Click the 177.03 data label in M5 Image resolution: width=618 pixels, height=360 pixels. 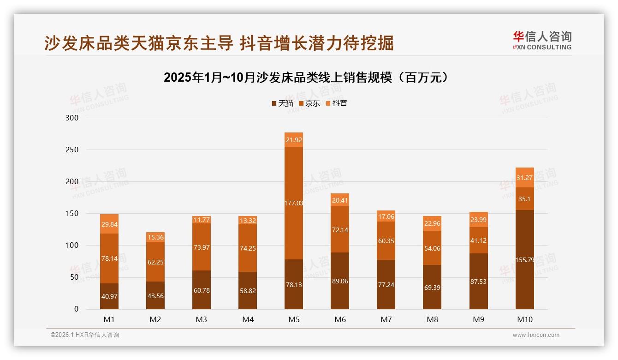pos(294,203)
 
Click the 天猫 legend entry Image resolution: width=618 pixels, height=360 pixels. pos(282,103)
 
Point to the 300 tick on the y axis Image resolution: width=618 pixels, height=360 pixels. pos(72,118)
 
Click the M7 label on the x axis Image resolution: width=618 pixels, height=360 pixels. pos(386,319)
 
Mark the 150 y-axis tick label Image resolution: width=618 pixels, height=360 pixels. pos(72,214)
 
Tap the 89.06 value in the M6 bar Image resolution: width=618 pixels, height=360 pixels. pos(340,281)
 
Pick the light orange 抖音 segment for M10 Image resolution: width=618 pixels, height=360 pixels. pos(524,178)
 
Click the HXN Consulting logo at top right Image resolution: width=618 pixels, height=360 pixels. pos(542,41)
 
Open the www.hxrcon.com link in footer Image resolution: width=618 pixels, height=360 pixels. pos(536,335)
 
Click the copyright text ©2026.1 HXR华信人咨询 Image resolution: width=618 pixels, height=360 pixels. pos(85,335)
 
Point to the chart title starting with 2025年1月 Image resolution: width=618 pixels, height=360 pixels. pos(306,78)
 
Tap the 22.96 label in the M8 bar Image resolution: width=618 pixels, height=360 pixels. pos(432,224)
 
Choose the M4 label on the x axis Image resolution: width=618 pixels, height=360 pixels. pos(248,319)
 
